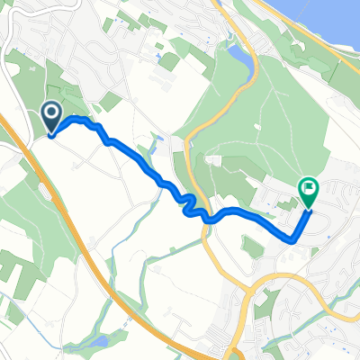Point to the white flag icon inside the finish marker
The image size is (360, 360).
[308, 188]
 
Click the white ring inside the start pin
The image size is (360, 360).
[51, 113]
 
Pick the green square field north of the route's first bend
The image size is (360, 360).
[111, 101]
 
